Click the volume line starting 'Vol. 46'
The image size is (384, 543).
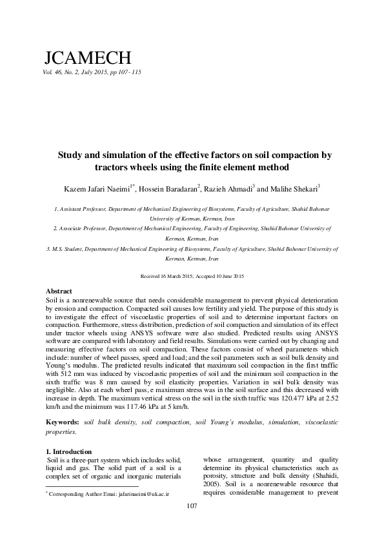[91, 72]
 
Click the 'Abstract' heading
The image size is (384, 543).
[59, 292]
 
